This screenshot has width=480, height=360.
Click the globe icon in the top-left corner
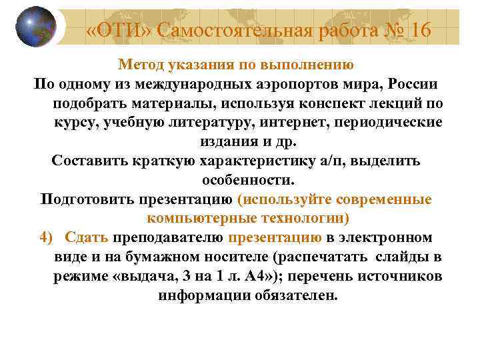tap(35, 26)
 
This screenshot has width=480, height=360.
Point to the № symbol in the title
tap(387, 29)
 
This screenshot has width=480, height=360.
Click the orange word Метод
tap(141, 65)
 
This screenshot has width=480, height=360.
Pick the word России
tap(409, 85)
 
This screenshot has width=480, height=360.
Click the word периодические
tap(387, 123)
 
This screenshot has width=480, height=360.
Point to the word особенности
tap(247, 181)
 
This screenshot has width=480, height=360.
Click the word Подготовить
tap(87, 199)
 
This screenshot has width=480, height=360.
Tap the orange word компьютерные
tap(201, 219)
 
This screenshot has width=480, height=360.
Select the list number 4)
tap(46, 238)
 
